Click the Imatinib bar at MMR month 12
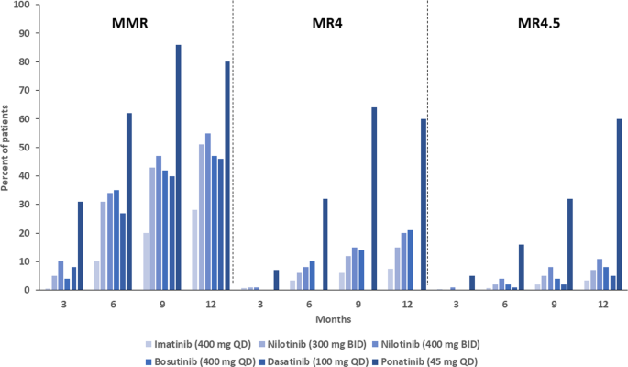tap(195, 250)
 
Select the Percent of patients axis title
tap(7, 148)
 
